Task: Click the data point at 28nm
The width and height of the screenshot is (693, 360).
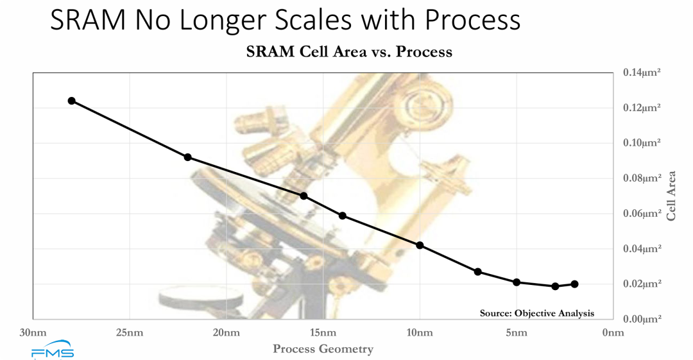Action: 72,101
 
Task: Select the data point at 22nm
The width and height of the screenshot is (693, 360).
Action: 188,157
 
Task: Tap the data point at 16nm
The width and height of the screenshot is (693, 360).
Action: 304,196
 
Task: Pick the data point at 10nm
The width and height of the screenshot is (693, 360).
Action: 420,245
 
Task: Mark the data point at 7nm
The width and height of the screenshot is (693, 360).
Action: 478,271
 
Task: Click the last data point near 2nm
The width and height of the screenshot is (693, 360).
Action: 574,284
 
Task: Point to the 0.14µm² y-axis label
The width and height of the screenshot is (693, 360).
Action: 642,73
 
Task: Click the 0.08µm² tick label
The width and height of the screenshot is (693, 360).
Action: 642,178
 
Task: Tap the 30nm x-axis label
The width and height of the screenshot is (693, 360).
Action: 33,332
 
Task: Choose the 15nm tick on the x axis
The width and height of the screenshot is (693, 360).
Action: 323,332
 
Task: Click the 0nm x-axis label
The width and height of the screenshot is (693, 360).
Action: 613,332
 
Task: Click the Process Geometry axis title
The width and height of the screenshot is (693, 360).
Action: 323,349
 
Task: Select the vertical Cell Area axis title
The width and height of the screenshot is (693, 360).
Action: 671,196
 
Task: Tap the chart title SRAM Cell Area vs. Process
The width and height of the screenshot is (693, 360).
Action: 349,52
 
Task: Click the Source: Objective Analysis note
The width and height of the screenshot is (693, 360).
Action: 537,313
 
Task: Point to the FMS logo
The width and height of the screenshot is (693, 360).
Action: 53,352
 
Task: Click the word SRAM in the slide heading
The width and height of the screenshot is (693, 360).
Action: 88,21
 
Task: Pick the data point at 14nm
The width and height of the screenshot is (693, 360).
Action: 343,216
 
